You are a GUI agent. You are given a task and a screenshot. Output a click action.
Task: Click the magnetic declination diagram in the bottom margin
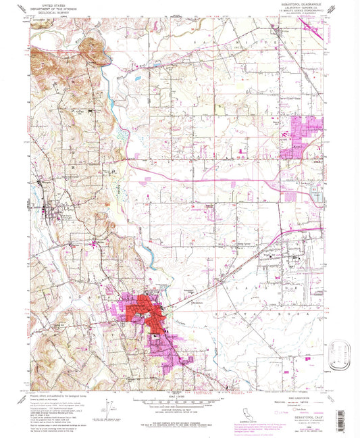(108, 410)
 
